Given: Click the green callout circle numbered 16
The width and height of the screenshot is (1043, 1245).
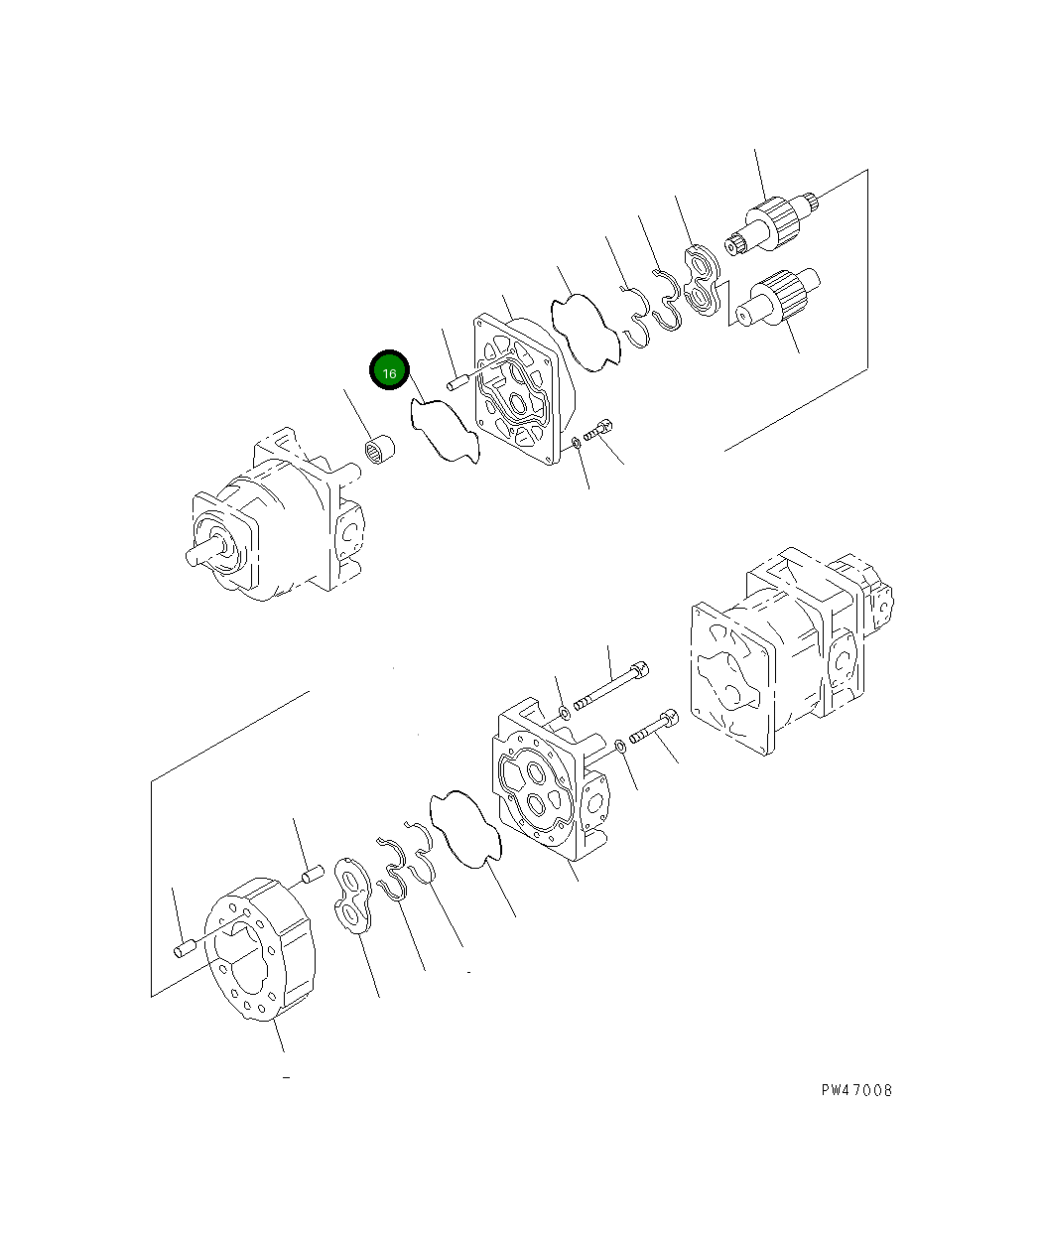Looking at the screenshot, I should pos(389,372).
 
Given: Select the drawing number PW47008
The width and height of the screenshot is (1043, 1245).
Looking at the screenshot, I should pos(856,1090).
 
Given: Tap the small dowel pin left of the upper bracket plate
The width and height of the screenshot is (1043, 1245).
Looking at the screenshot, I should pos(457,381).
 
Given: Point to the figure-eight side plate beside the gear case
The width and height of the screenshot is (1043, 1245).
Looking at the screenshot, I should pos(351,898).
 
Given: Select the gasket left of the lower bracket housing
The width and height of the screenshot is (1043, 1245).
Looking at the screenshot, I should pos(466,830).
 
